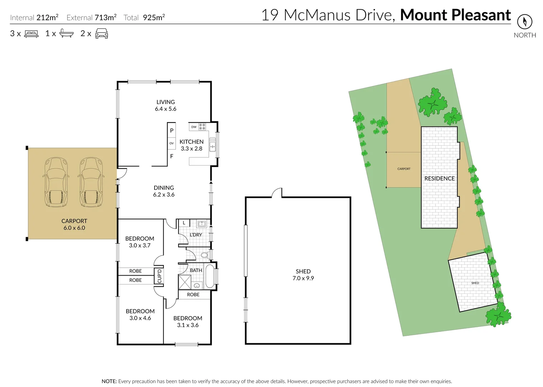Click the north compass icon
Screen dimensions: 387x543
(524, 22)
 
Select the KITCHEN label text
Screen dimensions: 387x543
(192, 142)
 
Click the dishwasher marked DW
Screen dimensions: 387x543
(194, 127)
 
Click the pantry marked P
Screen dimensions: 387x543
(171, 130)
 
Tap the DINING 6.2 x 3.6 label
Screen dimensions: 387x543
(164, 191)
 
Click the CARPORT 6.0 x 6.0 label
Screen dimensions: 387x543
(74, 224)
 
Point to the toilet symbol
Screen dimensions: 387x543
(204, 255)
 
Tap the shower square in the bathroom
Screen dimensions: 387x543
(185, 282)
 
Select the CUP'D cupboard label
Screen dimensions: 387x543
(159, 276)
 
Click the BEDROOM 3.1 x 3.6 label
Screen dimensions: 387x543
(188, 321)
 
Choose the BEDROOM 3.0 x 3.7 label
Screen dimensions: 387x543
(140, 242)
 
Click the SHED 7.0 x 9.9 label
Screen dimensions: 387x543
(303, 275)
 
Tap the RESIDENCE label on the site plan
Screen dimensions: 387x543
(439, 178)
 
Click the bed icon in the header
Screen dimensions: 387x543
(31, 34)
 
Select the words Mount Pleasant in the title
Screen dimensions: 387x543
(455, 15)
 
